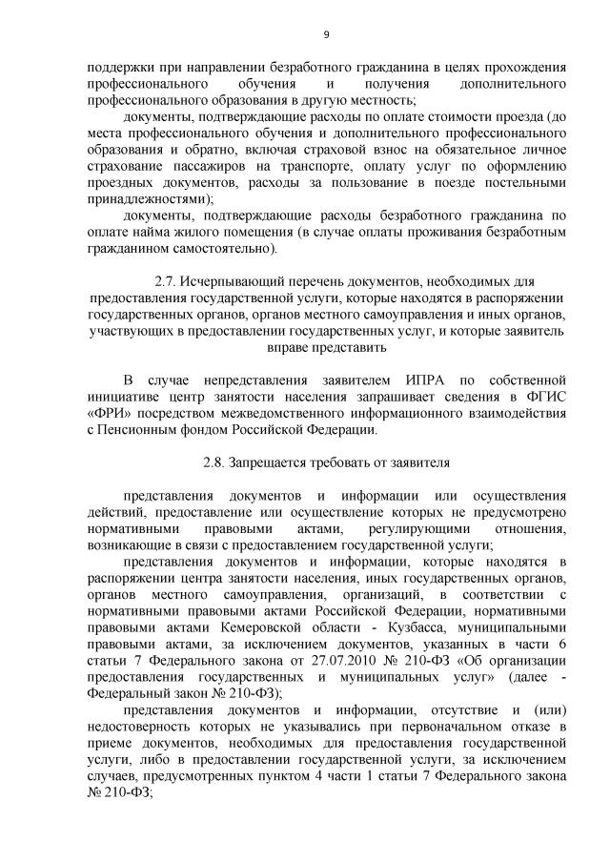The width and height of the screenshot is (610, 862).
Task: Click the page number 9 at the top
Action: point(326,34)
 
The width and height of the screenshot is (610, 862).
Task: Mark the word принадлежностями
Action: point(145,200)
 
